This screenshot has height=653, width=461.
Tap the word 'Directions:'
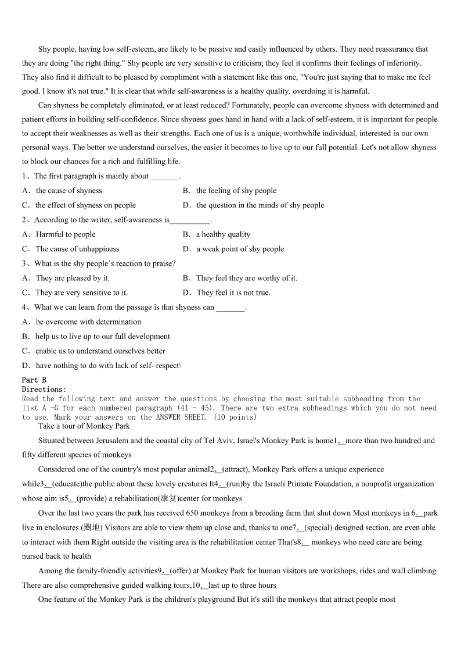[44, 389]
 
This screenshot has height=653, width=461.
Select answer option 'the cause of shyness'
[69, 191]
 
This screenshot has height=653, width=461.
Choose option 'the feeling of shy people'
[236, 191]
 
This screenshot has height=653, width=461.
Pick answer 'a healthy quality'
[223, 234]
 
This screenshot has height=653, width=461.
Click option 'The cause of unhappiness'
[77, 249]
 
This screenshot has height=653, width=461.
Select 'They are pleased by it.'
[73, 278]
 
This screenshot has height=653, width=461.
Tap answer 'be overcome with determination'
[88, 322]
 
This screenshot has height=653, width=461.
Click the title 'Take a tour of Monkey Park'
[84, 426]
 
